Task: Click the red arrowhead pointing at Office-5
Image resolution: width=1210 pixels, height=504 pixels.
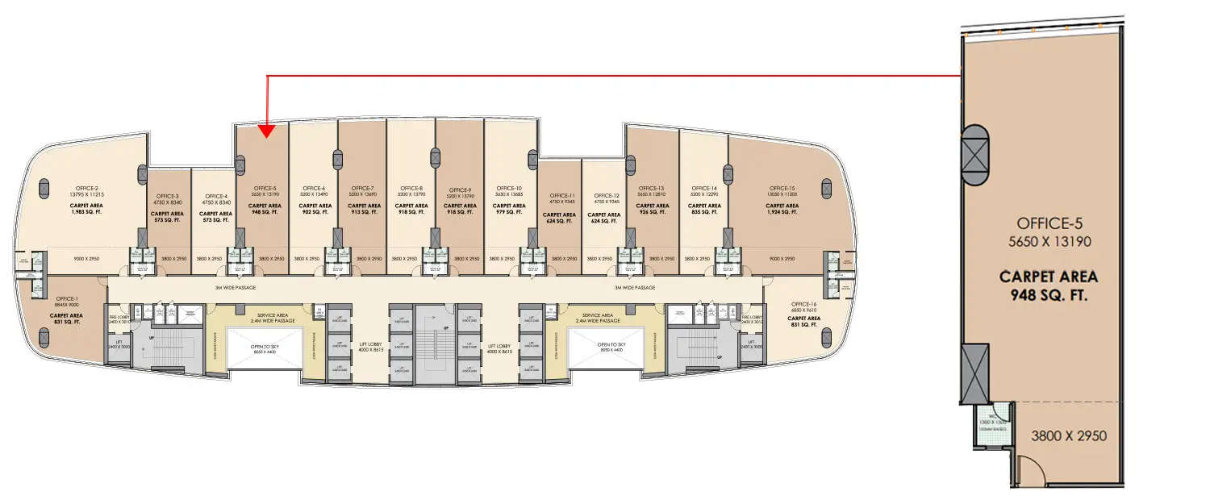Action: click(267, 130)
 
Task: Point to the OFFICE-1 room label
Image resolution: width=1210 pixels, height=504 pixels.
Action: click(66, 298)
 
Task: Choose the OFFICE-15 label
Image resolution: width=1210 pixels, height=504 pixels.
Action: click(782, 188)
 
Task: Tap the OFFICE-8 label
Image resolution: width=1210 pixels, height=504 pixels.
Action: click(411, 188)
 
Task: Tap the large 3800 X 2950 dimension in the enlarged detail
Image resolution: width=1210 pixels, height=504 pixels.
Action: click(1069, 435)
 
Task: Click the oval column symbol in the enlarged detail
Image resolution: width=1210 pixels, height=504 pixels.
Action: click(973, 152)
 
